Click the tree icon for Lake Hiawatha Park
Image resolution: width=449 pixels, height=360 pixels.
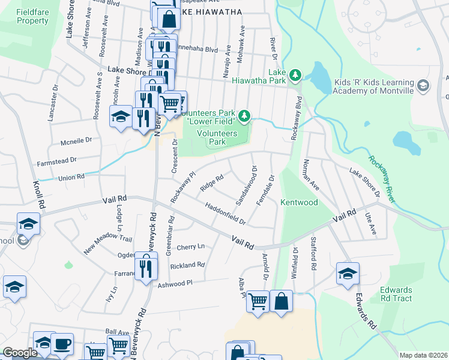(x=295, y=75)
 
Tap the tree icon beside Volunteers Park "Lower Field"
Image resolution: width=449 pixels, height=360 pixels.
(x=244, y=115)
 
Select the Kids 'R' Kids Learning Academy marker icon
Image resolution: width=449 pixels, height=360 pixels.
(x=423, y=86)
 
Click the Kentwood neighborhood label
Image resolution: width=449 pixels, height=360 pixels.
(x=299, y=203)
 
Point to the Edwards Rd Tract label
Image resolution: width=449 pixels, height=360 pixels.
(x=396, y=294)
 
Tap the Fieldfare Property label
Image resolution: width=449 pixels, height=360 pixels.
(x=24, y=16)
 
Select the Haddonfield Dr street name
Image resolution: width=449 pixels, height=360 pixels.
(x=226, y=214)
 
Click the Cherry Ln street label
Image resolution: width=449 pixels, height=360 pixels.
(x=190, y=247)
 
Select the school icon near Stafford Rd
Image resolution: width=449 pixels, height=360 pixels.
(x=348, y=273)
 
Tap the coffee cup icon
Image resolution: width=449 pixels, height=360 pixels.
(x=61, y=344)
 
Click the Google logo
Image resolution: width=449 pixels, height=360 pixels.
(x=20, y=353)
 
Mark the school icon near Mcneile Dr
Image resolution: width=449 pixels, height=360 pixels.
(x=121, y=115)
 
